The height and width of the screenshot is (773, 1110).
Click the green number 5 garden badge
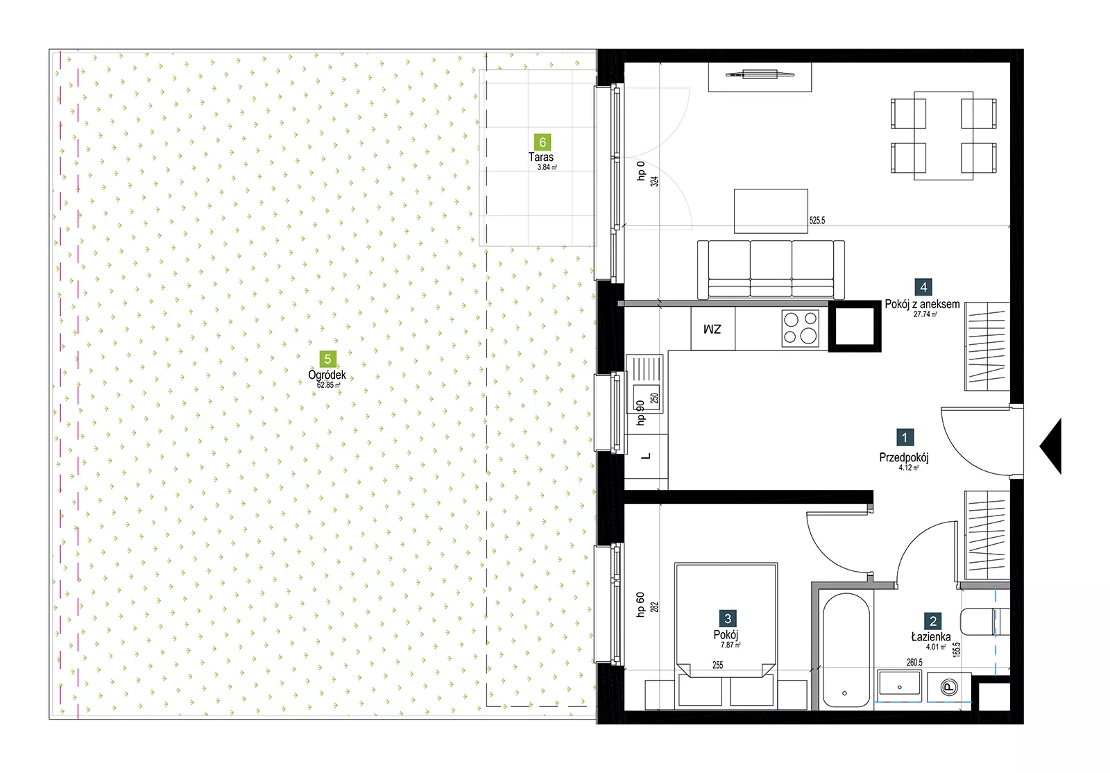[x=327, y=359]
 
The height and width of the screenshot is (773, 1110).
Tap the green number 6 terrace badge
[x=543, y=142]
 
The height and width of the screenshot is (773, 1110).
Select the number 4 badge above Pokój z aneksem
[x=923, y=287]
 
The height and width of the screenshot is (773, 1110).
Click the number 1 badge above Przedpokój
[x=905, y=438]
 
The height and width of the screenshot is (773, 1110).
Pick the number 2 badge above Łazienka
[x=933, y=621]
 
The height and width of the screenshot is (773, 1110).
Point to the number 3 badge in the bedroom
[x=728, y=618]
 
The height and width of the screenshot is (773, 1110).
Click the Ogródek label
[x=327, y=375]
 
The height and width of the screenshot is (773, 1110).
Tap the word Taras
[x=540, y=157]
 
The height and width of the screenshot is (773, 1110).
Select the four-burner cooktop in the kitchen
[x=801, y=328]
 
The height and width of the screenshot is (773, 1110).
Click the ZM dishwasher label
[x=712, y=329]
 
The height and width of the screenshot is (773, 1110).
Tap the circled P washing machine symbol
[x=949, y=687]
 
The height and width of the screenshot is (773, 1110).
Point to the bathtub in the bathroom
[x=846, y=651]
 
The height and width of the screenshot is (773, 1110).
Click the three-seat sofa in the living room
[x=771, y=269]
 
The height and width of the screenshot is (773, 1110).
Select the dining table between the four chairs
[x=943, y=135]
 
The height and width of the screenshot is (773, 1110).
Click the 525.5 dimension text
[x=817, y=221]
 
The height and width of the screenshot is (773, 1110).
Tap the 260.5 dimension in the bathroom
[x=915, y=663]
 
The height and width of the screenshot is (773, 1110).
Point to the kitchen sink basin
[x=647, y=398]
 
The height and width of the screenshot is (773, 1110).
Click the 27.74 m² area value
[x=925, y=314]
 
